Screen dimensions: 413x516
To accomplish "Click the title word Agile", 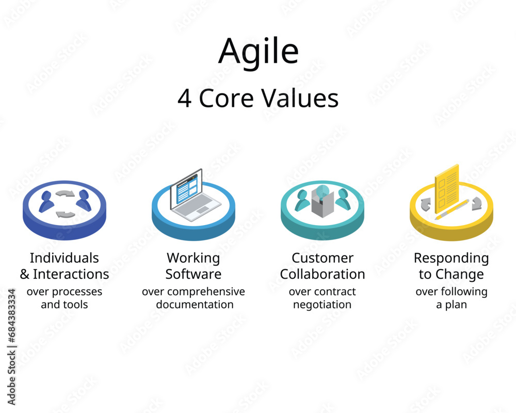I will point(258,52).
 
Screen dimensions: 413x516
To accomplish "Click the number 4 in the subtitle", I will point(184,99).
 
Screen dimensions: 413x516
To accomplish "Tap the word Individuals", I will point(64,258).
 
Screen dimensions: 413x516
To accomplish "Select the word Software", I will point(193,274).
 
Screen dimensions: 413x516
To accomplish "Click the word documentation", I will point(195,305).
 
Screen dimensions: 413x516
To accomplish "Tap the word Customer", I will point(322,258).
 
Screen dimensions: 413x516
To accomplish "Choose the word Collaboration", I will point(322,274).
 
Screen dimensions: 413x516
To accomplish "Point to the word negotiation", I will point(322,305).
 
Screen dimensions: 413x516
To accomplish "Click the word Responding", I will point(451,258).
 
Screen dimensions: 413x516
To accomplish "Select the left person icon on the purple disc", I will point(46,201).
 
